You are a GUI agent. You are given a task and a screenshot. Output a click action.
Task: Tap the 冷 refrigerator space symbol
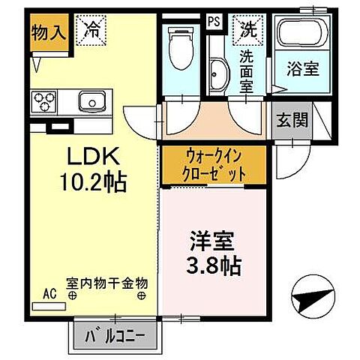click(x=92, y=31)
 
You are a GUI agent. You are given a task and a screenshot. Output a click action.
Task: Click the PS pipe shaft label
click(x=214, y=22)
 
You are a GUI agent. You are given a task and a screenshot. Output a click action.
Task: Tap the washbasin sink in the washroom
click(x=219, y=76)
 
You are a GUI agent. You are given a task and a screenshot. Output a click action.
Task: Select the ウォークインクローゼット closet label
click(x=213, y=166)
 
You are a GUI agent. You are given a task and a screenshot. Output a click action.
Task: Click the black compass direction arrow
click(x=311, y=300)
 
